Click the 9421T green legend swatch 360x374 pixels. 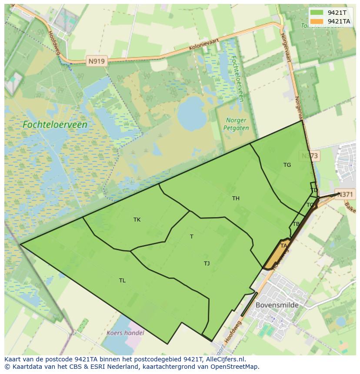tap(317, 13)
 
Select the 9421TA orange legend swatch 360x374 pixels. tap(317, 21)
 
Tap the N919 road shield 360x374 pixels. tap(96, 61)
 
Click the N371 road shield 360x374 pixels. tap(346, 195)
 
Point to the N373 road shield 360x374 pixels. tap(310, 156)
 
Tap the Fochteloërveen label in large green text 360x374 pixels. tap(55, 125)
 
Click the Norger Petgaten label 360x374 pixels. tap(236, 124)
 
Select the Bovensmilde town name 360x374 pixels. tap(277, 305)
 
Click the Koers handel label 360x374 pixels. tap(125, 333)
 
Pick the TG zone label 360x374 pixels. tap(287, 165)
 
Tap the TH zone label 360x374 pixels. tap(236, 199)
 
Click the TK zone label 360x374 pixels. tap(137, 220)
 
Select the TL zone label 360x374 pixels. tap(122, 281)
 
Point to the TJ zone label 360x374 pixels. tap(207, 264)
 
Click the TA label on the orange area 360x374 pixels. tap(283, 246)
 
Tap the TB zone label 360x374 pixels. tap(296, 224)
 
